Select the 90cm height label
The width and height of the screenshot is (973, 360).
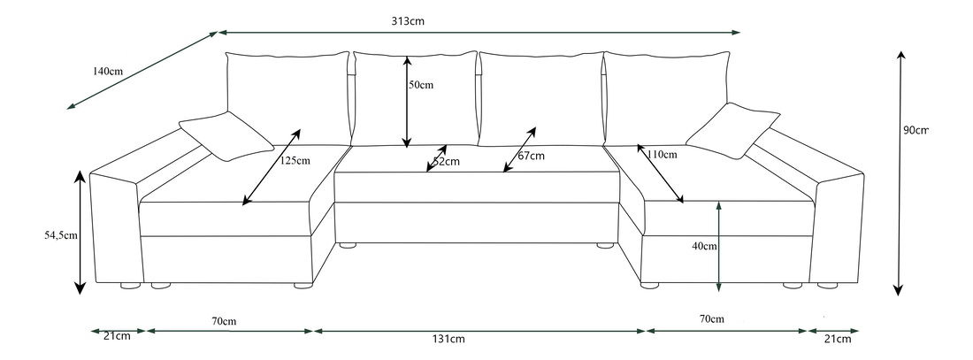pos(916,130)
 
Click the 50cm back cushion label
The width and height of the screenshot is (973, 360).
pos(421,86)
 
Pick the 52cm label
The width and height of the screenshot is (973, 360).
pos(447,161)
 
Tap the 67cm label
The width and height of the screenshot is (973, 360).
pos(531,156)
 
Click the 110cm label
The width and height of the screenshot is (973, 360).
pos(662,155)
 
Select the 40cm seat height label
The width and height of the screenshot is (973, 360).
pos(704,246)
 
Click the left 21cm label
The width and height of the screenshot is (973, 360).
pos(118,337)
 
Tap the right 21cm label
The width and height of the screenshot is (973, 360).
pos(838,338)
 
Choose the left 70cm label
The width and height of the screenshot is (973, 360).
pos(224,319)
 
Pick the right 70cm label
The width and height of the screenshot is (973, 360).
pos(711,318)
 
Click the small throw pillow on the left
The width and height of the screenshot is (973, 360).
pos(226,135)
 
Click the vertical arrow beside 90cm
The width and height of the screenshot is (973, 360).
pos(900,172)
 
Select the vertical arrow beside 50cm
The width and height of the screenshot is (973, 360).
pos(406,102)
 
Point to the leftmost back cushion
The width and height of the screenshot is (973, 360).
pos(286,97)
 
